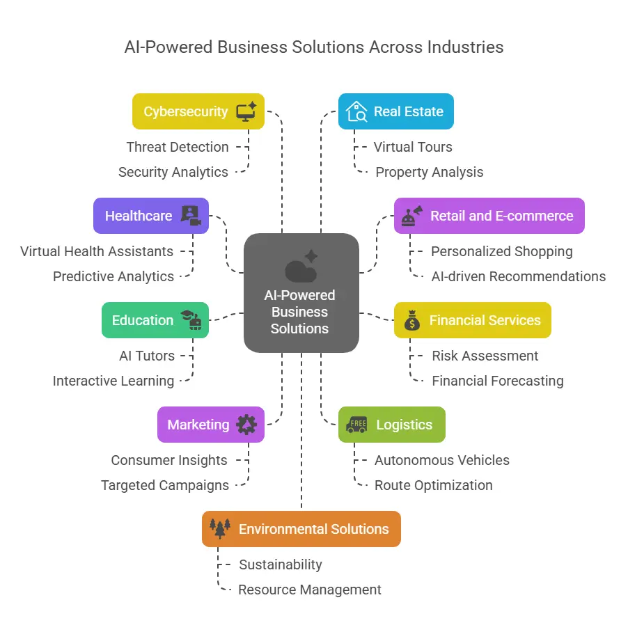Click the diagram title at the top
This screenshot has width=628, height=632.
[313, 47]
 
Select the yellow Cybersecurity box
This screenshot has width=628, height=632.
[198, 111]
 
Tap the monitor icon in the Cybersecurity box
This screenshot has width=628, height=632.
[246, 111]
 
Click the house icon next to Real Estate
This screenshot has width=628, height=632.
[356, 111]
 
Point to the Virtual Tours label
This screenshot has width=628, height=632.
[413, 147]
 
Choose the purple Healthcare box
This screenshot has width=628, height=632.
[150, 216]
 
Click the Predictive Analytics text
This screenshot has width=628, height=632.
[113, 276]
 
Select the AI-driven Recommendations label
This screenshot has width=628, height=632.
[519, 276]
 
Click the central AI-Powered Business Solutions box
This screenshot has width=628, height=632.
[301, 292]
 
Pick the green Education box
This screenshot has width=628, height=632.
[155, 320]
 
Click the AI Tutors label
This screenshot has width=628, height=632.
[147, 356]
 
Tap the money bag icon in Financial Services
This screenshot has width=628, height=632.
[412, 320]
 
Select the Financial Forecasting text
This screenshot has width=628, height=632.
[498, 381]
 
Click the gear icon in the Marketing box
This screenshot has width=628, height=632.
[246, 425]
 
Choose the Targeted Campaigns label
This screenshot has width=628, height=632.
[165, 485]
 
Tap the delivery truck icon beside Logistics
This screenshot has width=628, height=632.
[356, 425]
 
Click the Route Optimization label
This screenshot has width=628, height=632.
[434, 485]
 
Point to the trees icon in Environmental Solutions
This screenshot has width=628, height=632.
[220, 529]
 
